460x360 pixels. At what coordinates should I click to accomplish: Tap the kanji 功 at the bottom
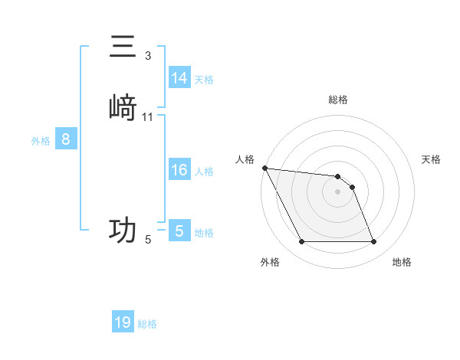point(123,229)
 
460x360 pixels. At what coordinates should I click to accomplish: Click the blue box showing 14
point(179,78)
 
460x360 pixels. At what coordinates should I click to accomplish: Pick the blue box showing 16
point(179,170)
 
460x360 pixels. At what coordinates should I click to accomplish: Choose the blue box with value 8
point(66,139)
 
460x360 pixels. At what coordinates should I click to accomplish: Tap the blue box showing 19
point(123,322)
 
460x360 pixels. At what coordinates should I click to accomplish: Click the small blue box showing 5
point(179,231)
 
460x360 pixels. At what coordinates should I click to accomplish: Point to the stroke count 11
point(148,116)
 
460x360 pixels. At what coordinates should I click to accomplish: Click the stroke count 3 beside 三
point(148,55)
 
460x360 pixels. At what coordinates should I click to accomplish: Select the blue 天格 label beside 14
point(204,80)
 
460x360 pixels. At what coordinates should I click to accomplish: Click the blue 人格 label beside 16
point(205,172)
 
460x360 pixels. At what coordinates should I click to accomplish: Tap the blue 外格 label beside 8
point(41,141)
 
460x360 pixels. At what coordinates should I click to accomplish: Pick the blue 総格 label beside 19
point(147,324)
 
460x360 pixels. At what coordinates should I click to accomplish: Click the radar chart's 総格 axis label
point(338,100)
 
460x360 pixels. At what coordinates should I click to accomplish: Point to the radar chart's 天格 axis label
point(432,159)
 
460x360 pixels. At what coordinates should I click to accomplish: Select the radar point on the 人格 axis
point(264,168)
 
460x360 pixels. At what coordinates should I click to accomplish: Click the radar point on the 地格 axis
point(373,242)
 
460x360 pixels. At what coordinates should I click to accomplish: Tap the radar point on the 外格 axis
point(301,242)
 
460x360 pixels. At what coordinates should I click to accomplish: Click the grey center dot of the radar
point(337,191)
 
